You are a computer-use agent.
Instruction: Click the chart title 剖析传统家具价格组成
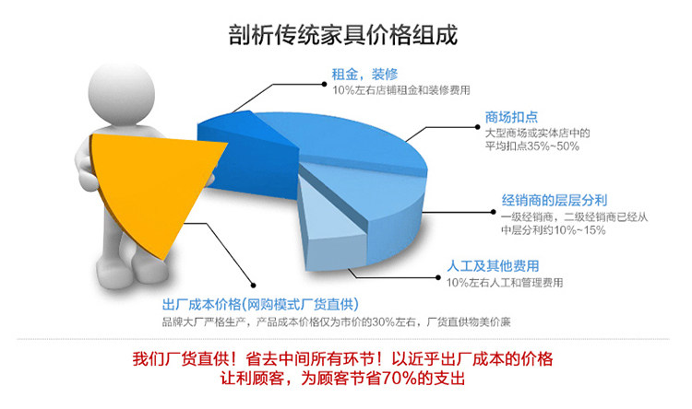point(343,35)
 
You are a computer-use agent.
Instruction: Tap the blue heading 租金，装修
point(364,74)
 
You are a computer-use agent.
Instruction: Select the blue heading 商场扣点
point(511,117)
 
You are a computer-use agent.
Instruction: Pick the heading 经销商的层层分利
point(555,201)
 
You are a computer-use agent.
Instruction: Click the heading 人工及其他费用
point(493,266)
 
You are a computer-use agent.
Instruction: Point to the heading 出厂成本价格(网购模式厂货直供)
point(260,304)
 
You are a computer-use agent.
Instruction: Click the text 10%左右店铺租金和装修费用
point(401,90)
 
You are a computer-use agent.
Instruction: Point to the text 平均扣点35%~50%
point(532,146)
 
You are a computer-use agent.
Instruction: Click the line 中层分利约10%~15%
point(554,230)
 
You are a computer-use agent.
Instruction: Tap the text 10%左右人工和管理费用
point(505,283)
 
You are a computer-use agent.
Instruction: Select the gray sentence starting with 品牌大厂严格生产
point(336,322)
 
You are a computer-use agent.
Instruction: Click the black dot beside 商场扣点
point(478,127)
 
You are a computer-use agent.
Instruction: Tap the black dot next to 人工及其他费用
point(437,277)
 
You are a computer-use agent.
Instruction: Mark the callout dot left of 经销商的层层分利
point(494,212)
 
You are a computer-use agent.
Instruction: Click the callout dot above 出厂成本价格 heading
point(254,286)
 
